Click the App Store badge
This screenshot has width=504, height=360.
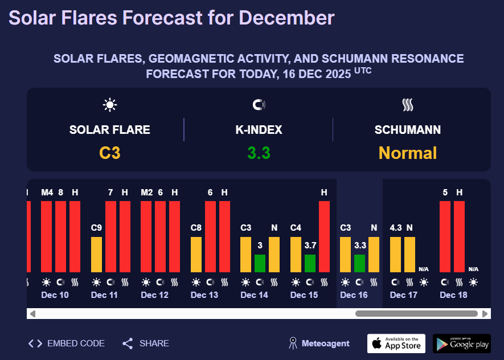coord(396,343)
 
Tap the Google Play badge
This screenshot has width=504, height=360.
coord(461,343)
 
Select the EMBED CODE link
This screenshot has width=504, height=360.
coord(67,343)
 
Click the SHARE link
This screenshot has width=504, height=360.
coord(146,343)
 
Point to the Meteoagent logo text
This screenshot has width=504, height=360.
coord(325,343)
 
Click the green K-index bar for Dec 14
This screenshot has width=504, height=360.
coord(260,263)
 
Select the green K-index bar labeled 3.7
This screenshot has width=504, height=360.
coord(310,263)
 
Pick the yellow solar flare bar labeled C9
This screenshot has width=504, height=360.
coord(96,255)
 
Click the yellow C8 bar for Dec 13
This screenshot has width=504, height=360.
coord(196,255)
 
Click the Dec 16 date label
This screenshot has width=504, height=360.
coord(354,295)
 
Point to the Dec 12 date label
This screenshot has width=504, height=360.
coord(154,295)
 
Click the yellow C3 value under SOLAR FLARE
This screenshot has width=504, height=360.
coord(110,153)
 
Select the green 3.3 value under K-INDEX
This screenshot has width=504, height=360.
coord(259,153)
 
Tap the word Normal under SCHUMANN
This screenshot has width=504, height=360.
coord(407,153)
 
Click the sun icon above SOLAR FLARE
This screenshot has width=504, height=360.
coord(110,105)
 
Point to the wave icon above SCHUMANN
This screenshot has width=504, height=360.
coord(407,105)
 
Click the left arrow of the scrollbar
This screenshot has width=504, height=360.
coord(32,313)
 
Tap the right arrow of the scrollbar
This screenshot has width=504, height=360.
coord(485,313)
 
